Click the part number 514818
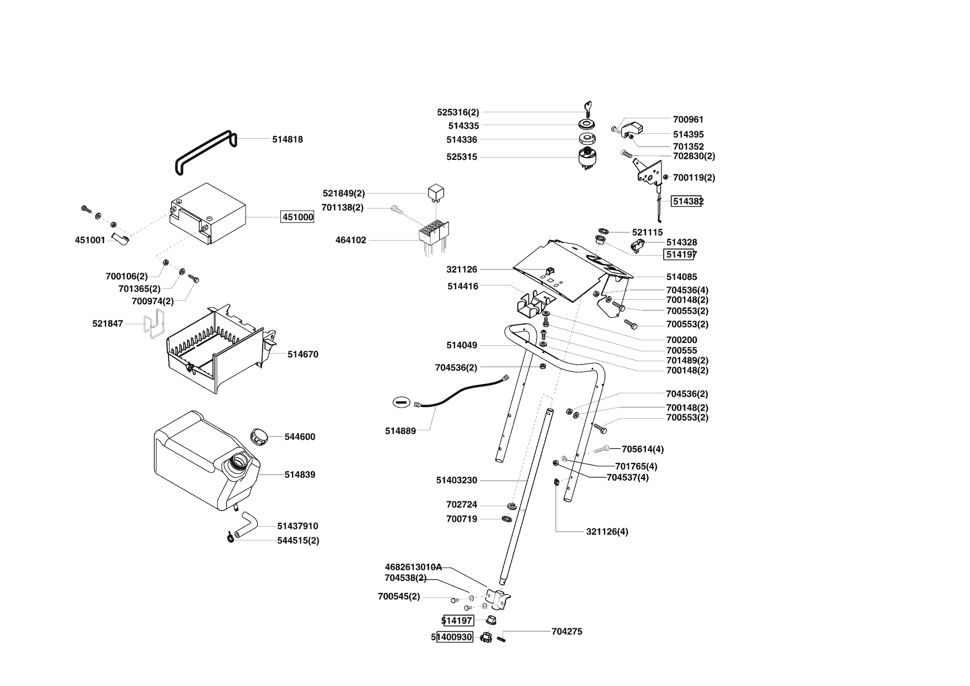[x=287, y=139]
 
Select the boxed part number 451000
[x=298, y=217]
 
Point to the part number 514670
[x=303, y=354]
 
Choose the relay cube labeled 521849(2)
[x=436, y=193]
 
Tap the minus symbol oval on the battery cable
[x=401, y=402]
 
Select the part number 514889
[x=400, y=431]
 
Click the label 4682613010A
[x=413, y=567]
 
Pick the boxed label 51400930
[x=455, y=637]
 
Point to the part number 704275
[x=567, y=631]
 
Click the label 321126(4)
[x=607, y=532]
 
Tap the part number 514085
[x=681, y=277]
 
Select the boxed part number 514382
[x=687, y=201]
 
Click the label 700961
[x=688, y=119]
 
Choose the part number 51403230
[x=456, y=480]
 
